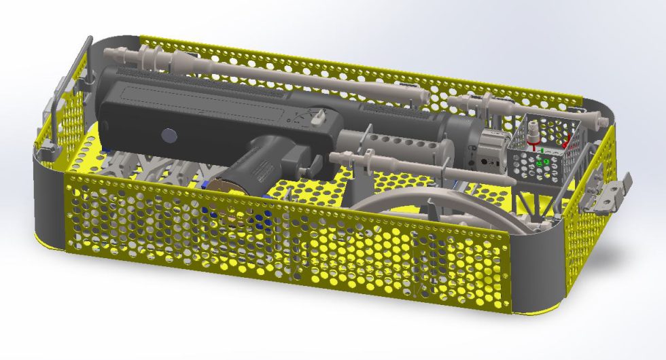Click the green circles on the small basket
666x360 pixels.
544,162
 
